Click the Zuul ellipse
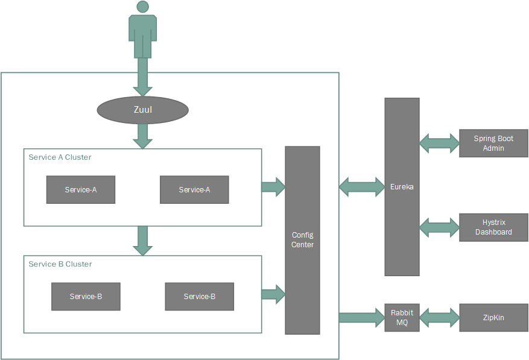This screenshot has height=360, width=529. pos(142,110)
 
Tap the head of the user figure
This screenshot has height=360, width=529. pos(142,7)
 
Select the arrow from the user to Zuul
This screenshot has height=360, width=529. pos(142,76)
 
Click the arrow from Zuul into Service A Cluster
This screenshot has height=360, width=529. pos(142,136)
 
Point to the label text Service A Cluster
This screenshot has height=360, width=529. pos(60,157)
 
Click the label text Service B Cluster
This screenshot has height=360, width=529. pos(60,264)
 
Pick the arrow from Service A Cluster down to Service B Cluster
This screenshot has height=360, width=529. pos(142,240)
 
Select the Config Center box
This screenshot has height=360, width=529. pos(302,240)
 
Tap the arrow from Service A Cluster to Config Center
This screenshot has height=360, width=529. pos(273,187)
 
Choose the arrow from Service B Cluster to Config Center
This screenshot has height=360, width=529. pos(273,294)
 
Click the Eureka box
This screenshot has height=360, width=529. pos(402,187)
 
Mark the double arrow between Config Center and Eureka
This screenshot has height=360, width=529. pos(362,187)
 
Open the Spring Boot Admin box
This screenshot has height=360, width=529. pos(493,143)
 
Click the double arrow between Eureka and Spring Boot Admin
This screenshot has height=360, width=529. pos(439,143)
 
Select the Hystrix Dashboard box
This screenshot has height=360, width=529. pos(493,227)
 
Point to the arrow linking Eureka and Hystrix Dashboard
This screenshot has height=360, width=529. pos(439,227)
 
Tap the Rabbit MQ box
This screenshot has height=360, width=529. pos(402,317)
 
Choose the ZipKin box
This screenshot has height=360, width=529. pos(493,317)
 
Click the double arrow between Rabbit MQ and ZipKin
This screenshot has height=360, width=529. pos(439,317)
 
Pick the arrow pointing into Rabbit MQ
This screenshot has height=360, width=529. pos(362,317)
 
